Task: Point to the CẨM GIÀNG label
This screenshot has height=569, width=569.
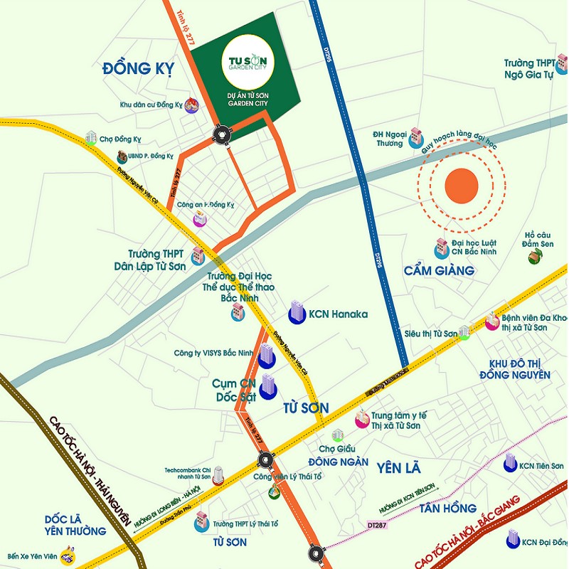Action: coord(439,271)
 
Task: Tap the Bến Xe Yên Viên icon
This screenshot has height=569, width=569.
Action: coord(68,552)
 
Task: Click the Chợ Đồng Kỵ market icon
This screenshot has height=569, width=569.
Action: coord(90,137)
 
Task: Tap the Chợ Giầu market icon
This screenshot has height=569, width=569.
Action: coord(338,435)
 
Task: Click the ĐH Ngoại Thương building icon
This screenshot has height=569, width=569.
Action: coord(416,139)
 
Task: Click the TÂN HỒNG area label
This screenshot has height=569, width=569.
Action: coord(447,508)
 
